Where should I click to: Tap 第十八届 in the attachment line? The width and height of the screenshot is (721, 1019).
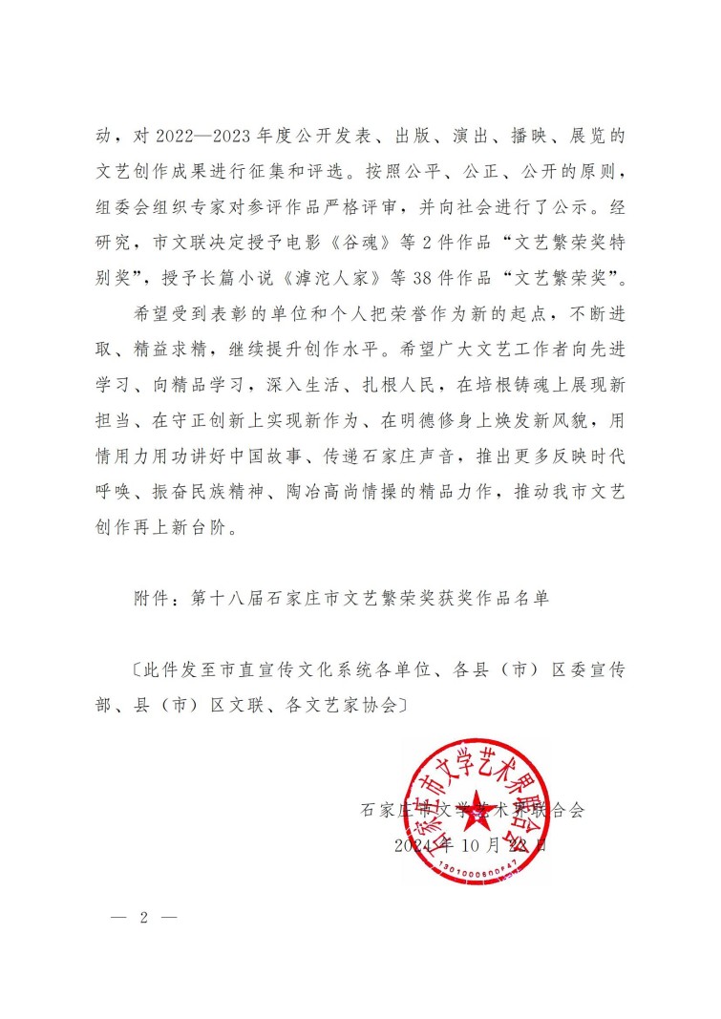coord(221,599)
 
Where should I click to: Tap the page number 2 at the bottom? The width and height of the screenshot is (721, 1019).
coord(144,918)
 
